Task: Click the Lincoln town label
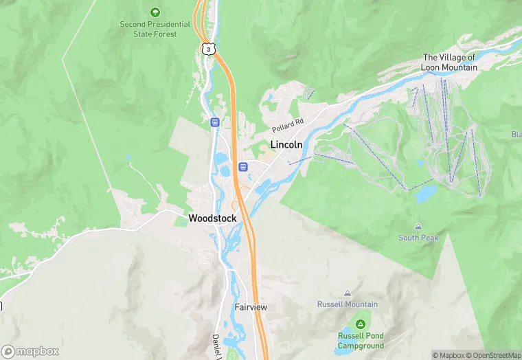click(x=286, y=145)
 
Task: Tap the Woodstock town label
click(x=212, y=218)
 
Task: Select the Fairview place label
click(x=251, y=307)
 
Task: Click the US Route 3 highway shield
click(x=208, y=48)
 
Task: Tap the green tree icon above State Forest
click(x=155, y=12)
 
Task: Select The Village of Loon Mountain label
click(x=449, y=63)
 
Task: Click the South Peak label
click(x=418, y=238)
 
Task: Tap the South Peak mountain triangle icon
click(x=418, y=226)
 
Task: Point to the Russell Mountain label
click(x=347, y=304)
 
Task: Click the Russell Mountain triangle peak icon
click(x=347, y=293)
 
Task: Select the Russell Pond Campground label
click(x=360, y=340)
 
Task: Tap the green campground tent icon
click(x=360, y=324)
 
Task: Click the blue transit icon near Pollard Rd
click(x=215, y=122)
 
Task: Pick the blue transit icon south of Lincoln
click(x=242, y=166)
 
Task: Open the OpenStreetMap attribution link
click(x=494, y=355)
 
